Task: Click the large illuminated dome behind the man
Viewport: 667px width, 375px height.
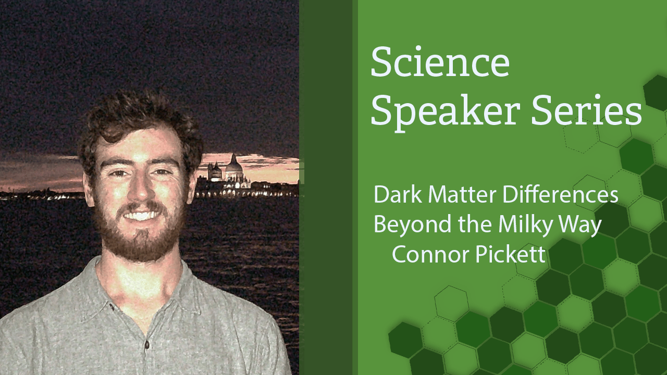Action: [234, 169]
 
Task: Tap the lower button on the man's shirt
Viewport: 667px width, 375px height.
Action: [146, 345]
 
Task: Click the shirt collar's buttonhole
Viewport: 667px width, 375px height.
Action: [112, 307]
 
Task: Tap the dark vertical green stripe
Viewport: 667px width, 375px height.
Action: [326, 187]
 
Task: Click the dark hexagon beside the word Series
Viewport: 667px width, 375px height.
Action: [656, 93]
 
